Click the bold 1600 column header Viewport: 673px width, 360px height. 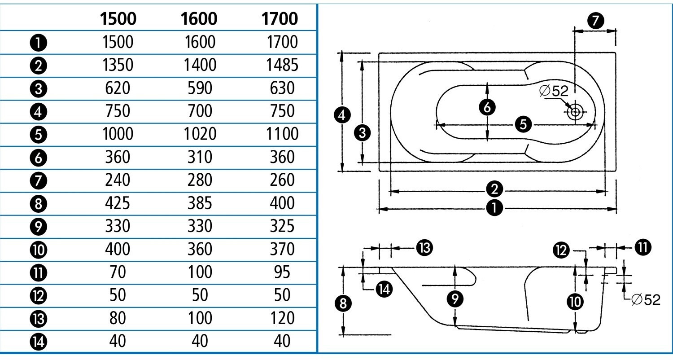click(x=199, y=19)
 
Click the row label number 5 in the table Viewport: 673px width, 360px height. click(x=38, y=134)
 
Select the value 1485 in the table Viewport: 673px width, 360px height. click(x=282, y=66)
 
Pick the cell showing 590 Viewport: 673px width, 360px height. click(x=200, y=88)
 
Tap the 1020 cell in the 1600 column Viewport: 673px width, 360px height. click(x=199, y=134)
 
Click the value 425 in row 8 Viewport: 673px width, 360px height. click(x=117, y=203)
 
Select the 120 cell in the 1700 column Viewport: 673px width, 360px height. click(x=282, y=318)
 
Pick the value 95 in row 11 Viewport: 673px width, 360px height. click(x=282, y=272)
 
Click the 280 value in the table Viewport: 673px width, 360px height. click(x=200, y=180)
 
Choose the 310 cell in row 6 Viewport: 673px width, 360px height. click(x=200, y=157)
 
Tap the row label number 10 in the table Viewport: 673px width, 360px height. click(x=38, y=250)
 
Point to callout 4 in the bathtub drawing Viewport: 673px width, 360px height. click(x=342, y=116)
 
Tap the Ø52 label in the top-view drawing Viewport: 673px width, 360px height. click(x=554, y=91)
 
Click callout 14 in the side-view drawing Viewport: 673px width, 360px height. click(x=383, y=290)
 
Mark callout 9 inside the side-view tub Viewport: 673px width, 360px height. click(x=456, y=299)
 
